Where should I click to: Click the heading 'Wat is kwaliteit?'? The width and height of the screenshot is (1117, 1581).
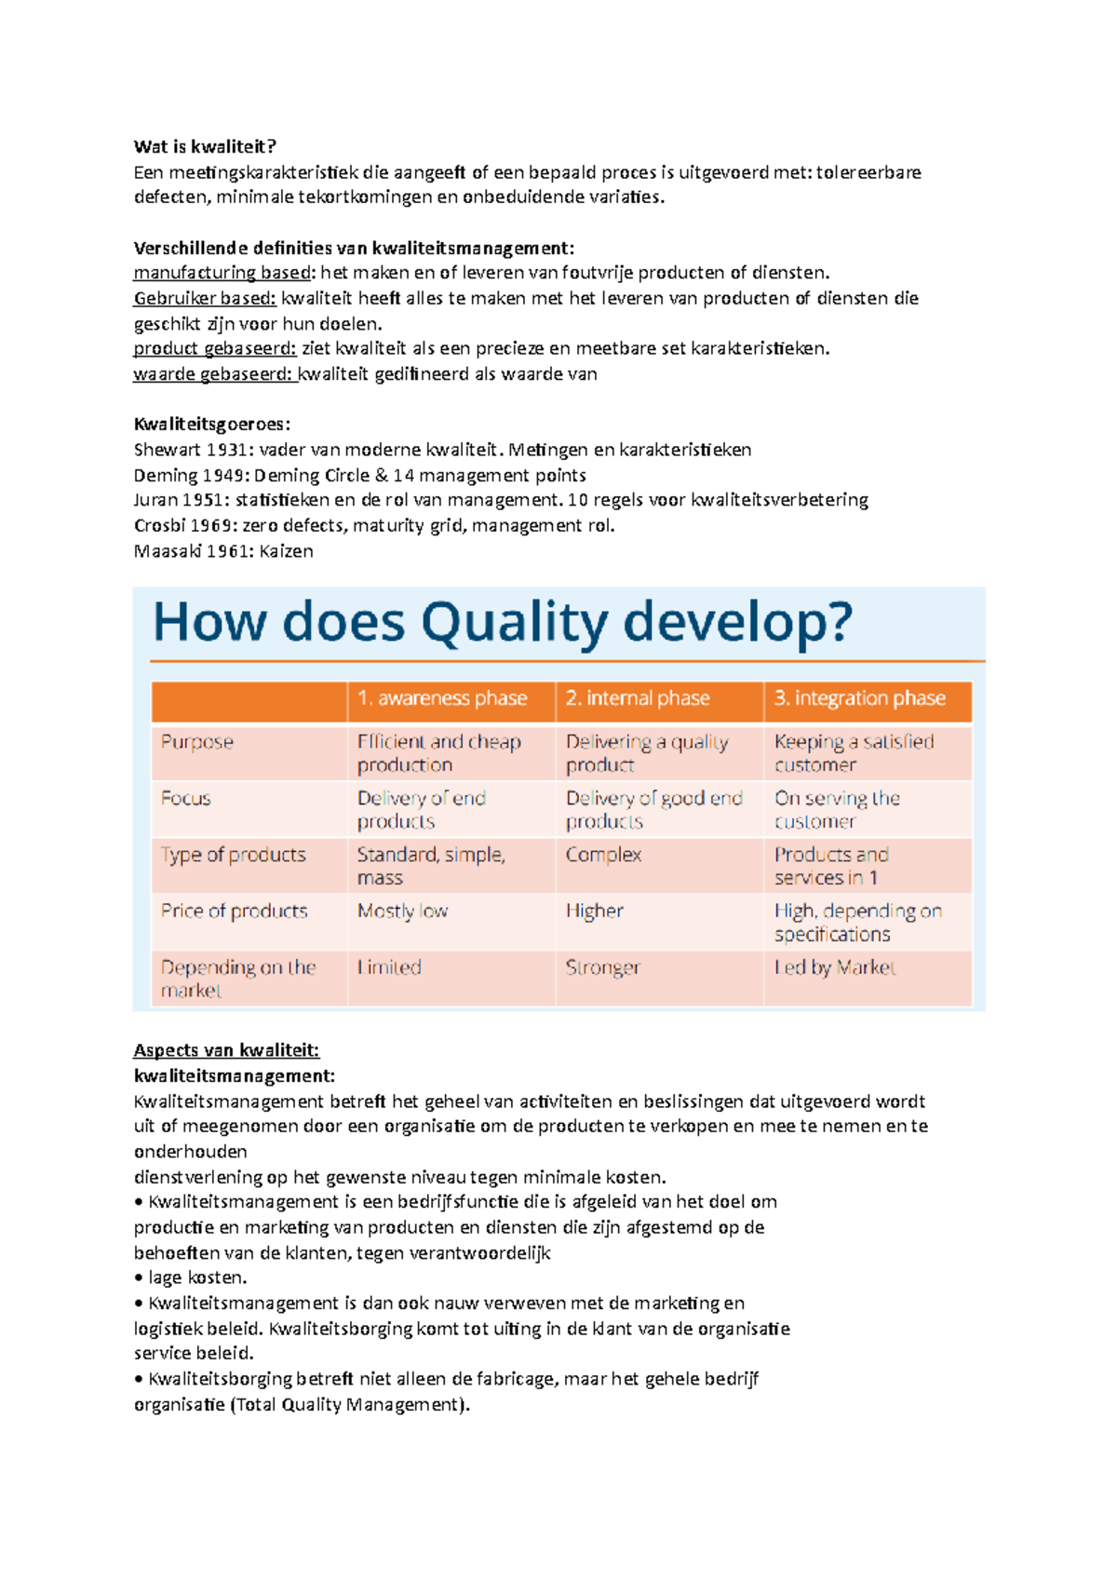point(205,146)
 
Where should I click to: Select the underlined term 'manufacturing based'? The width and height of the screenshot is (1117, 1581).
point(222,273)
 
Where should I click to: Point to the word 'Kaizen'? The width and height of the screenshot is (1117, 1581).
point(286,551)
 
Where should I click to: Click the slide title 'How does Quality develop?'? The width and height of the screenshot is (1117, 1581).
point(502,622)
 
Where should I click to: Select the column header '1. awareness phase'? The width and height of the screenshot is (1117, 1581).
point(442,698)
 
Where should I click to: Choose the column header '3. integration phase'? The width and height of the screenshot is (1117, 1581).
point(859,698)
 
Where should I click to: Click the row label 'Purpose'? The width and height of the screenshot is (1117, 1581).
point(196,742)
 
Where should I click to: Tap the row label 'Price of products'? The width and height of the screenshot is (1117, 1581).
point(234,911)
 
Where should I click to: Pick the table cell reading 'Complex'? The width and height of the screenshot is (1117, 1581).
point(603,855)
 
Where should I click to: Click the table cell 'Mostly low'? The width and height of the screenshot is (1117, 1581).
point(402,911)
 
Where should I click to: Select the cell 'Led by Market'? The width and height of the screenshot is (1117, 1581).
point(835,967)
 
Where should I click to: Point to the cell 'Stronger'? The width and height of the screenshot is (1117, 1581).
point(603,967)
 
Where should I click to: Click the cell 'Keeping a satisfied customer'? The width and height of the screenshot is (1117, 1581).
point(854,753)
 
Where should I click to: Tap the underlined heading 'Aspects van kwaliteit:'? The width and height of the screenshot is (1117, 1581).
point(226,1050)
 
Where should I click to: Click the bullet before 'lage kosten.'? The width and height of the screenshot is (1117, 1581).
point(139,1278)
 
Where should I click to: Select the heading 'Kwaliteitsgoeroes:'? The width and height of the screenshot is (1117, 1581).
point(212,425)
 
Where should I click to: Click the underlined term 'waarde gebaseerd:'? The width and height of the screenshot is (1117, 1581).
point(213,374)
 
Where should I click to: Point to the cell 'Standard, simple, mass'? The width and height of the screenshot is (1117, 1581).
point(431,866)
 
